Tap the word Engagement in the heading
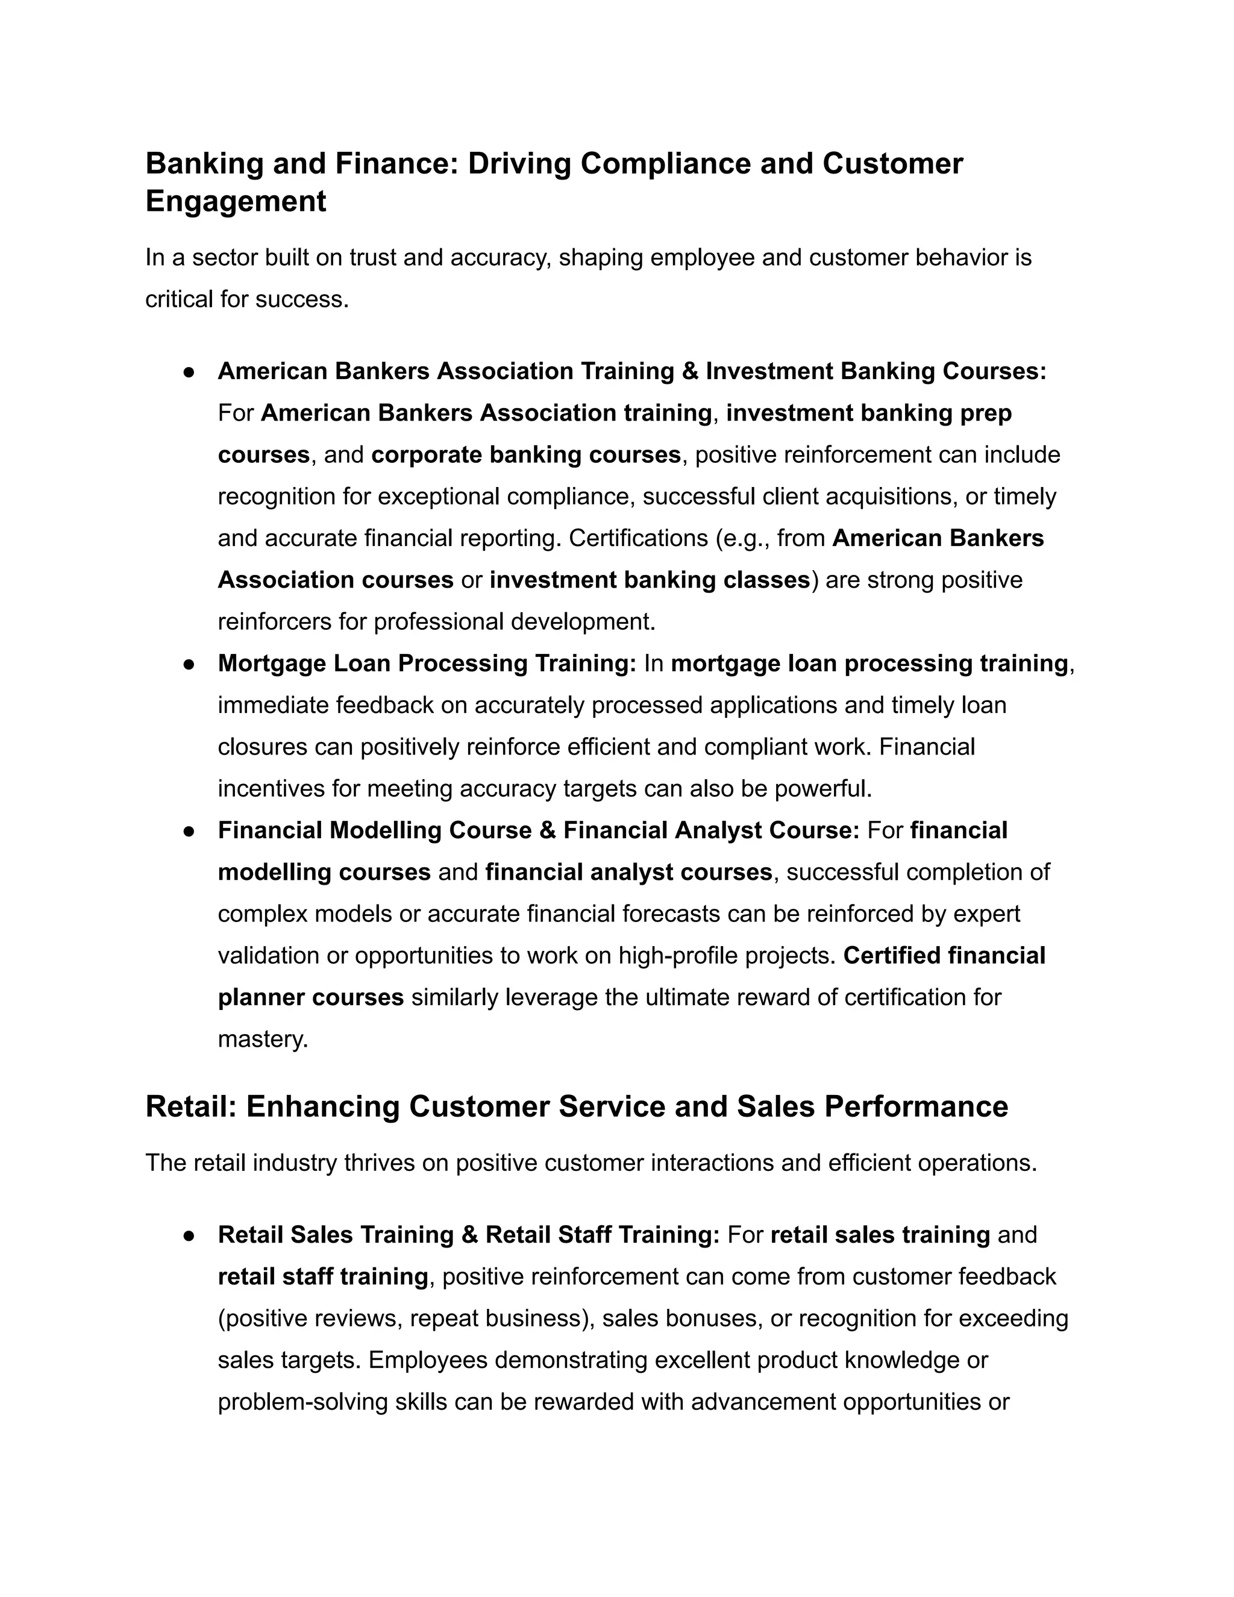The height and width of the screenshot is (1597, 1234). (236, 201)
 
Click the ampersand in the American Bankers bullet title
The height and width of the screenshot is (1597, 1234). (689, 371)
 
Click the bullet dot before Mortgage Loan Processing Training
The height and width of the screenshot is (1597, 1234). (189, 664)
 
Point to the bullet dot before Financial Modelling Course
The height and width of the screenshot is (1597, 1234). (189, 830)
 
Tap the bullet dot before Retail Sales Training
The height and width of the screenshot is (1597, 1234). (189, 1235)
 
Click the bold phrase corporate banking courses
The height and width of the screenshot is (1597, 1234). (525, 455)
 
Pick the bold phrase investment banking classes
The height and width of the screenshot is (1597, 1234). (649, 580)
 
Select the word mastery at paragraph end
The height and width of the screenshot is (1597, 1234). (263, 1039)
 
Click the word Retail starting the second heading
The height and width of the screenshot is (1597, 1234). (191, 1106)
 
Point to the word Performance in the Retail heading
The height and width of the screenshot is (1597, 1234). (916, 1106)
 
